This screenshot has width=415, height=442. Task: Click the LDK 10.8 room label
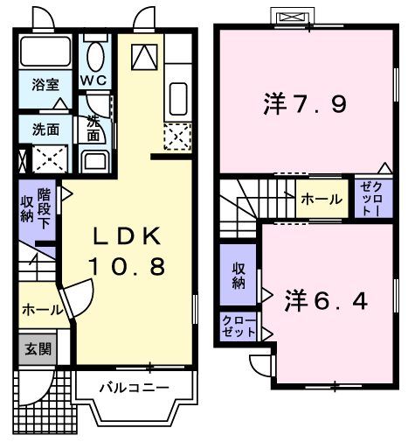pyautogui.click(x=127, y=251)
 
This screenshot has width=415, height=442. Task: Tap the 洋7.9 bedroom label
pyautogui.click(x=305, y=103)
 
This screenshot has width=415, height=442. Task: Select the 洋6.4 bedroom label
pyautogui.click(x=326, y=300)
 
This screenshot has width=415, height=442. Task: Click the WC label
pyautogui.click(x=93, y=80)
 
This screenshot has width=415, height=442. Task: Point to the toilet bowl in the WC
pyautogui.click(x=95, y=57)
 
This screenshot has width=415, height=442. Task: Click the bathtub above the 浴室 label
pyautogui.click(x=45, y=52)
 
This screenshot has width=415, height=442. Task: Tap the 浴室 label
pyautogui.click(x=45, y=85)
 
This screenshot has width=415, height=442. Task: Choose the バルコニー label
pyautogui.click(x=134, y=388)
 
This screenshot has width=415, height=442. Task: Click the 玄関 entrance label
pyautogui.click(x=38, y=349)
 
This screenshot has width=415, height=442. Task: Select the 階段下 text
pyautogui.click(x=45, y=208)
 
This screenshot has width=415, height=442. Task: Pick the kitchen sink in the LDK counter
pyautogui.click(x=178, y=99)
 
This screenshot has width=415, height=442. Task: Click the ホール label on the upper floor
pyautogui.click(x=322, y=200)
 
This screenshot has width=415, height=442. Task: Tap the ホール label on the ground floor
pyautogui.click(x=43, y=310)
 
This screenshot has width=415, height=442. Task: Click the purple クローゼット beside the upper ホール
pyautogui.click(x=374, y=199)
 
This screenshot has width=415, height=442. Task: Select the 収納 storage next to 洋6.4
pyautogui.click(x=239, y=275)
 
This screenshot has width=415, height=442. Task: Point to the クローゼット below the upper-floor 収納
pyautogui.click(x=239, y=326)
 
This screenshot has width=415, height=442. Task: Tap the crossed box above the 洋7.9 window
pyautogui.click(x=293, y=18)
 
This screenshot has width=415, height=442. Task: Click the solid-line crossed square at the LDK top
pyautogui.click(x=144, y=57)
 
